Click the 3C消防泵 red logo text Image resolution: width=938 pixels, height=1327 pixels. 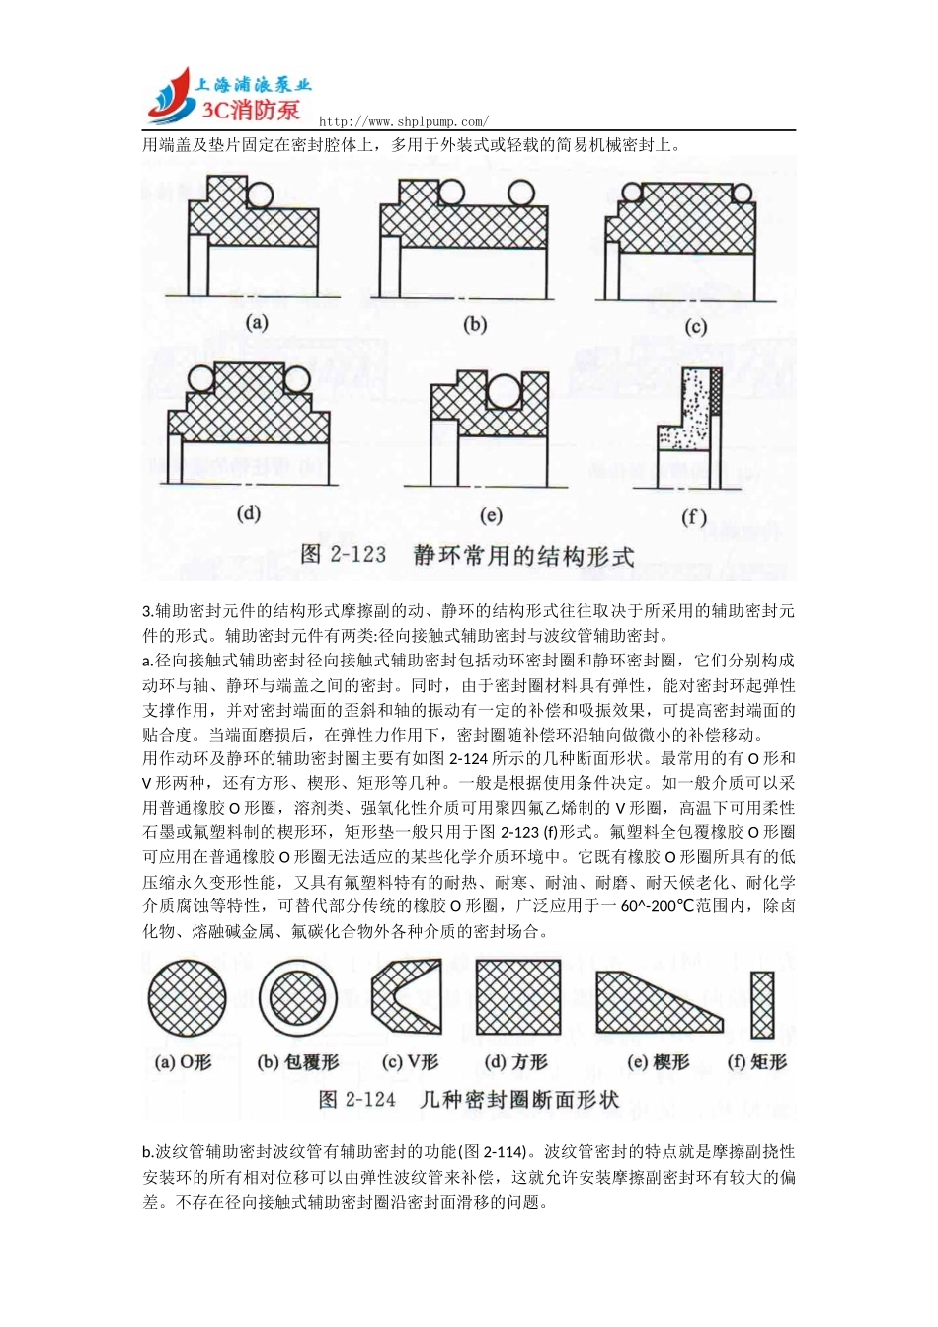[251, 110]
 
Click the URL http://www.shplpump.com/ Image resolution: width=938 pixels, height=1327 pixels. [403, 121]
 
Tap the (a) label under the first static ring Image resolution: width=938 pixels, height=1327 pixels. [257, 322]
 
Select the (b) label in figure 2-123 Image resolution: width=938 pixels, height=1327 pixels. [475, 324]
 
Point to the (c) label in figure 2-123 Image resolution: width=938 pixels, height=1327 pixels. [695, 327]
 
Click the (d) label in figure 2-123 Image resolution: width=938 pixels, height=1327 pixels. [249, 512]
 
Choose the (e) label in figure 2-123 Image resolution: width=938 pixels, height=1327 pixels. [491, 514]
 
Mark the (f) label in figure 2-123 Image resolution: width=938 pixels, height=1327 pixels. [694, 516]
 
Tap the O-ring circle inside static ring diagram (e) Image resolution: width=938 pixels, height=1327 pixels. [505, 391]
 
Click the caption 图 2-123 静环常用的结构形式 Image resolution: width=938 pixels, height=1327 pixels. [467, 555]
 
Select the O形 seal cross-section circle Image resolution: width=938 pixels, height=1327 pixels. [187, 999]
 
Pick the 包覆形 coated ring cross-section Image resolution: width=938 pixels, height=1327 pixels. [298, 999]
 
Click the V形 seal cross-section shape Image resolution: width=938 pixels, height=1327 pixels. [404, 997]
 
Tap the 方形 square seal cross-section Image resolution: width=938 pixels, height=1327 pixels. [518, 997]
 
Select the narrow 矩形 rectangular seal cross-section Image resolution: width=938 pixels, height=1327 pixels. [761, 1005]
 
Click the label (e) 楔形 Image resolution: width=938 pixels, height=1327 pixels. [659, 1062]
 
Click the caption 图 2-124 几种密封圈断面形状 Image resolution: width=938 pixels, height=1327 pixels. [469, 1100]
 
